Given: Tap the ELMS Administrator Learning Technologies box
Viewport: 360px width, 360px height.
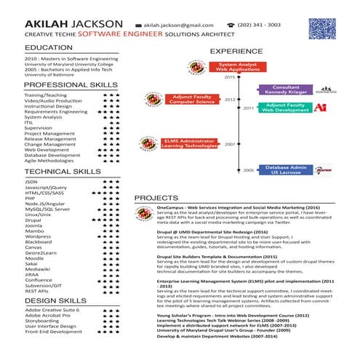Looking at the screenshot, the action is pyautogui.click(x=187, y=143).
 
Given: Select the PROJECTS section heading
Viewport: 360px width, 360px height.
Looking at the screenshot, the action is pyautogui.click(x=159, y=198).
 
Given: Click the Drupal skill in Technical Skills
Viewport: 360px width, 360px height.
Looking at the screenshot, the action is pyautogui.click(x=33, y=220).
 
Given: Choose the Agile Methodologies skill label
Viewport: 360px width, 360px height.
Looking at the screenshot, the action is pyautogui.click(x=49, y=161).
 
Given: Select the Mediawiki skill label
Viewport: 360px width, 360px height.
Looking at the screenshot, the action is pyautogui.click(x=38, y=268).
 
